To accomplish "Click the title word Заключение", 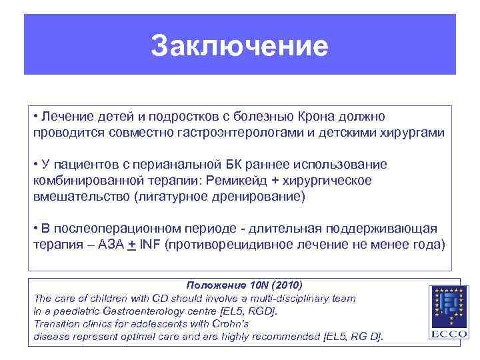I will coord(239,47).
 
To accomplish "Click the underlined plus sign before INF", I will coord(132,245).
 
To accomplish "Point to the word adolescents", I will coord(149,323).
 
